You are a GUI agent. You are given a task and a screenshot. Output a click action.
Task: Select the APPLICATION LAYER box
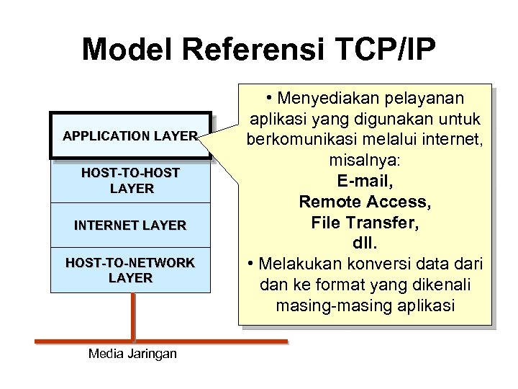point(130,135)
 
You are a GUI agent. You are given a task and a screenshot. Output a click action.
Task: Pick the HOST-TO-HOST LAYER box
point(130,181)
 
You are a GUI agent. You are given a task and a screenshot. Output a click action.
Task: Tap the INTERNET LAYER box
point(130,225)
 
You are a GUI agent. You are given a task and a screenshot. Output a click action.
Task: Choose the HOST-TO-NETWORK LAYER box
point(130,270)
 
